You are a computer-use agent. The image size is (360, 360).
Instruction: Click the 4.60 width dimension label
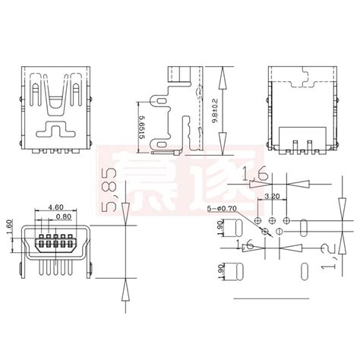55,207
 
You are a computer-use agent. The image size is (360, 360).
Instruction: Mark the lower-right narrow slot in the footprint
304,271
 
